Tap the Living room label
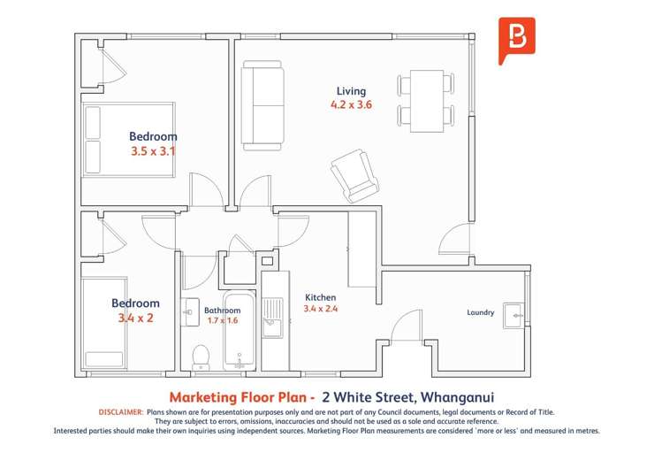(x=351, y=91)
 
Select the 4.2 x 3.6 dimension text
(x=351, y=104)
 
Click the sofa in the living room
(x=263, y=105)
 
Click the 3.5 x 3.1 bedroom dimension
(x=153, y=151)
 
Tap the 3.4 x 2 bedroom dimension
(x=135, y=318)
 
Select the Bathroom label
(x=222, y=311)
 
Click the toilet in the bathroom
(x=201, y=357)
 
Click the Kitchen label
(x=320, y=297)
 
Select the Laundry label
(x=480, y=312)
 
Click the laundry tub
(x=514, y=315)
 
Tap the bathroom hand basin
(x=191, y=312)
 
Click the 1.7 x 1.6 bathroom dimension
(x=223, y=320)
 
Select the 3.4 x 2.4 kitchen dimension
(x=320, y=309)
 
